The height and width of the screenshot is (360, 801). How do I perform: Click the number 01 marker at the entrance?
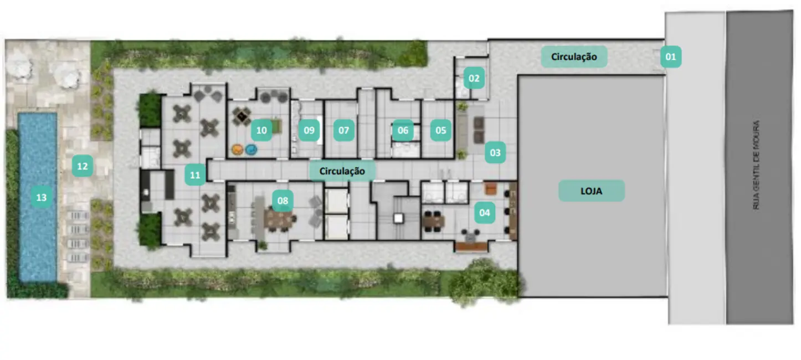pos(670,56)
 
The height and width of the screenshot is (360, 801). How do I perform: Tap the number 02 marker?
pos(474,79)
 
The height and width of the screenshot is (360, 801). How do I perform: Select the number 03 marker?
pos(495,152)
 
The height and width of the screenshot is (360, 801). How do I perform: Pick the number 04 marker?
pos(485,212)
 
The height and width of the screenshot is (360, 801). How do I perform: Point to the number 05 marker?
pos(440,131)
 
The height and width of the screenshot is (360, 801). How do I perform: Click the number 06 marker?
pos(403,131)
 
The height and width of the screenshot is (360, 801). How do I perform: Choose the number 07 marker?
pos(344,131)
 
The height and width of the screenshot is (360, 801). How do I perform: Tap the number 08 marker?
pos(283,200)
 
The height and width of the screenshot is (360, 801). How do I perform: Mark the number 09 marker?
pos(309,131)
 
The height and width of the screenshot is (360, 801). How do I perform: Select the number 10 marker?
pos(261,131)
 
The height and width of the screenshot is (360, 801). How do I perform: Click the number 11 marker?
pos(194,175)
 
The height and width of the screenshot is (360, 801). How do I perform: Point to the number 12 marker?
pos(82,165)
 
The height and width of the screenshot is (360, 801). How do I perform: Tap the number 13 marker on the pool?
pos(41,197)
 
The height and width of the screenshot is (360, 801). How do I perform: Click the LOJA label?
pos(591,191)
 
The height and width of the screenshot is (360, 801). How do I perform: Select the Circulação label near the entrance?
pos(574,56)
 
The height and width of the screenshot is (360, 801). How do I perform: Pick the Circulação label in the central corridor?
pos(342,171)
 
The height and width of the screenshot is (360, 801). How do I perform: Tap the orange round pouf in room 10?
pos(237,150)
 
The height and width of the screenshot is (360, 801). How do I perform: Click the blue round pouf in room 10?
pos(251,150)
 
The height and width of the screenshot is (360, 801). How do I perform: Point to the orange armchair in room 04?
pos(491,189)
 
